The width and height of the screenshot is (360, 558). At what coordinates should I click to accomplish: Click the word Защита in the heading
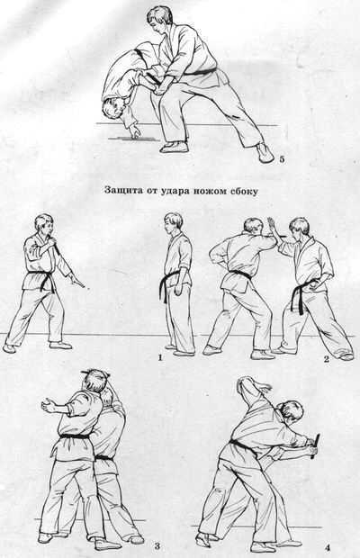click(x=120, y=190)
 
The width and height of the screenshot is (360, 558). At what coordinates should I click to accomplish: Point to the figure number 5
click(x=282, y=159)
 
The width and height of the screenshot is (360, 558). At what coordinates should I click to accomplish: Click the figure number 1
click(x=160, y=357)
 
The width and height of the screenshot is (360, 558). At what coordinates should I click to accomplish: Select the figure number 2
click(x=326, y=359)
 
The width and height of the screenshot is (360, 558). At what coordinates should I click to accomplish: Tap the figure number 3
click(x=157, y=546)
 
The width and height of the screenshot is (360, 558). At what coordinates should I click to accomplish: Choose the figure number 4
click(x=327, y=548)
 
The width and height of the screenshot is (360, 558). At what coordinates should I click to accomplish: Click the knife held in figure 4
click(x=315, y=445)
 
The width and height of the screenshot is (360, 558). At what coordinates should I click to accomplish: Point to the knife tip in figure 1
click(x=85, y=285)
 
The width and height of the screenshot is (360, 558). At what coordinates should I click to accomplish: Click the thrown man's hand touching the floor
click(x=134, y=130)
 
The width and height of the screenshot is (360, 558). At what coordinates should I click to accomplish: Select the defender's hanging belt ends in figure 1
click(x=164, y=288)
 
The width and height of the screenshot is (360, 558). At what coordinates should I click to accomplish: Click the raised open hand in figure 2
click(x=272, y=227)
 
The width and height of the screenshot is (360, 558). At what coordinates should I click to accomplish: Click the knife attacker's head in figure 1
click(x=44, y=225)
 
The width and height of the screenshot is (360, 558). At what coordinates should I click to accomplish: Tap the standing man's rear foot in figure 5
click(x=264, y=152)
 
